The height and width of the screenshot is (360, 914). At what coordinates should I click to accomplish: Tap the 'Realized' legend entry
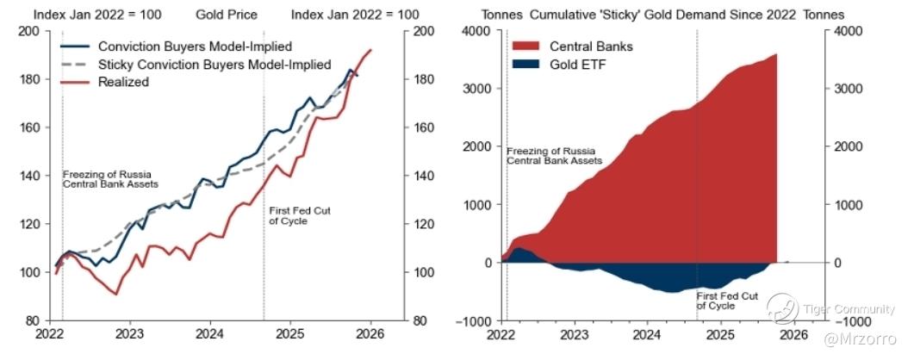click(124, 82)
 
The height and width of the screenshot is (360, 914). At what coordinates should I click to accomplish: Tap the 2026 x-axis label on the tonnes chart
click(793, 334)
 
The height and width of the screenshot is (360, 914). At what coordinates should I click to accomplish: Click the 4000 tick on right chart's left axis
click(477, 31)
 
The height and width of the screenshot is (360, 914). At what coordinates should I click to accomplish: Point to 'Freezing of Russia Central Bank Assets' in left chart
click(107, 179)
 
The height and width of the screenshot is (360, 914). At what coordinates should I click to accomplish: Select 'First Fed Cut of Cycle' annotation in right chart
click(727, 301)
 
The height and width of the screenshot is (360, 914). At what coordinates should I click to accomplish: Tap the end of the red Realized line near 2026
click(370, 50)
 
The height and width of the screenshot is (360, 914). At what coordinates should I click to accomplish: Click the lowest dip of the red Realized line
click(115, 295)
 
